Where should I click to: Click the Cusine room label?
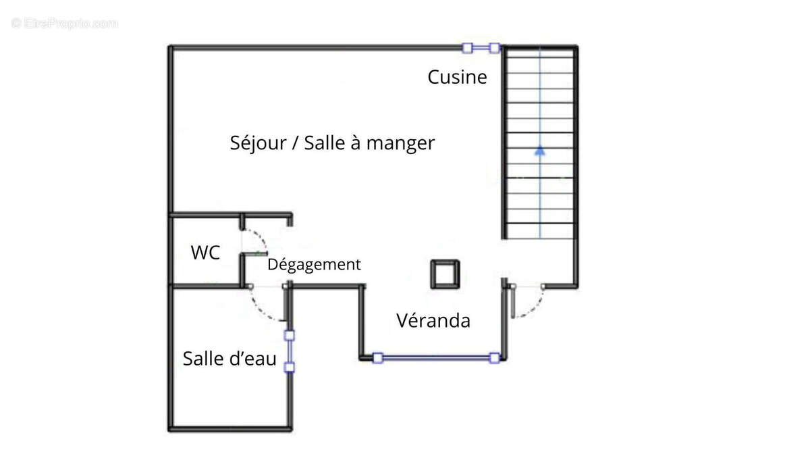[457, 77]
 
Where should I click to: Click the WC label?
[205, 253]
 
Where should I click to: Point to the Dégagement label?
[314, 265]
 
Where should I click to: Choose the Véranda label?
[433, 320]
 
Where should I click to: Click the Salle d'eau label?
[230, 359]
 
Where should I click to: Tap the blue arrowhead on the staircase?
[539, 151]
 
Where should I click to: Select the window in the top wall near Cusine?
[480, 48]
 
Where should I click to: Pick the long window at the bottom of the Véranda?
[436, 358]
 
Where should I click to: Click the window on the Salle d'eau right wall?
[290, 351]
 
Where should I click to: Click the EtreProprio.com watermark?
[64, 24]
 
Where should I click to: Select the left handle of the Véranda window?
[377, 358]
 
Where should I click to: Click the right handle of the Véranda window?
[495, 358]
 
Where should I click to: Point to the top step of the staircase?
[539, 55]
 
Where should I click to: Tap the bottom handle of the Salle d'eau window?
[290, 367]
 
